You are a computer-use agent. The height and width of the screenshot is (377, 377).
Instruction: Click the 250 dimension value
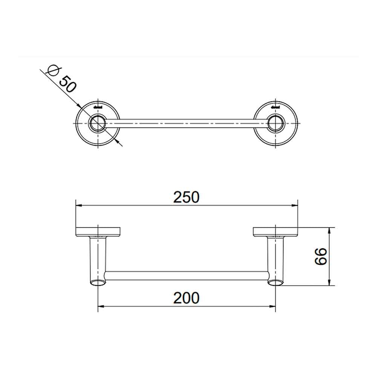(186, 197)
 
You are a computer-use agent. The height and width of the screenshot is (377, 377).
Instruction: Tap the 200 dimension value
(186, 298)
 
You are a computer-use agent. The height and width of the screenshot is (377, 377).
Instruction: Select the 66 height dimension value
(320, 256)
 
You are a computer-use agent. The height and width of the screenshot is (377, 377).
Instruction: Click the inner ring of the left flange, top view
(98, 124)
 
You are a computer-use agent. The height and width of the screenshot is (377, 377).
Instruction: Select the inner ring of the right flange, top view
(276, 124)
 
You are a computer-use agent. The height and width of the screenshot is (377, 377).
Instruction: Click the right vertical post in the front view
(276, 260)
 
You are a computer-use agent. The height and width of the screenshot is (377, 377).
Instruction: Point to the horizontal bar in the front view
(187, 275)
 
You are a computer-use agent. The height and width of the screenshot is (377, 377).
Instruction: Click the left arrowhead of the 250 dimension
(79, 205)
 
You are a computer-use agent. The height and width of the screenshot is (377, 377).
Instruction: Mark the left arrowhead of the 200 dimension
(101, 306)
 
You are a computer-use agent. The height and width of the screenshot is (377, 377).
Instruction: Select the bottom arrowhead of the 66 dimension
(330, 283)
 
